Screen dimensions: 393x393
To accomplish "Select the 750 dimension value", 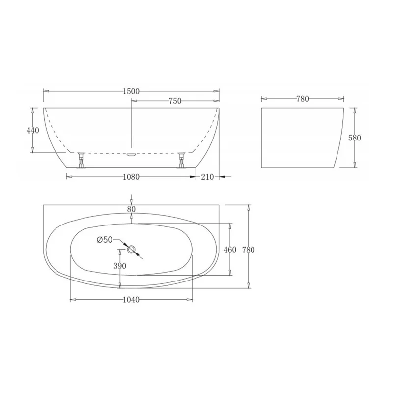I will (x=175, y=101).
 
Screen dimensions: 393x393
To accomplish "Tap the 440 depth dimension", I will (x=32, y=130).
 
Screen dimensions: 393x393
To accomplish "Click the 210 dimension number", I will (x=207, y=176).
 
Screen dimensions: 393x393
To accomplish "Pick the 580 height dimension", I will (x=354, y=138).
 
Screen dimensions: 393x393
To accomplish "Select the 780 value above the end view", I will (x=302, y=99).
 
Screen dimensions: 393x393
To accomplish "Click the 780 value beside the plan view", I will (x=249, y=250).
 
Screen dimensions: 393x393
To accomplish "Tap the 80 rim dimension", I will (x=131, y=209).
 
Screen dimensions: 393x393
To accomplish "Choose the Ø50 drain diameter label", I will (x=105, y=240).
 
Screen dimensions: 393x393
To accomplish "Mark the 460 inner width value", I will (x=230, y=250).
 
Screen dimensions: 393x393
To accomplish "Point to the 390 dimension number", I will (x=120, y=266).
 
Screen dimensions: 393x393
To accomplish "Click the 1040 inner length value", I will (x=131, y=300).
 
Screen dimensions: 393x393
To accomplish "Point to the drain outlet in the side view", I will (x=131, y=155).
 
